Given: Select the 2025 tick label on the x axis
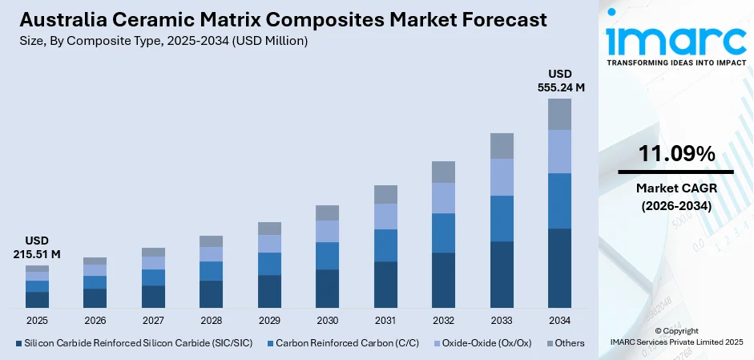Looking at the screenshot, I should [37, 320].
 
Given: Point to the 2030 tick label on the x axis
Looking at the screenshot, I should [327, 320].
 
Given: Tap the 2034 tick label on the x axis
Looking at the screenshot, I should [559, 320].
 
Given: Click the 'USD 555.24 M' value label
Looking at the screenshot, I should [559, 81].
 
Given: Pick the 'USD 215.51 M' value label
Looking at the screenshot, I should [37, 248].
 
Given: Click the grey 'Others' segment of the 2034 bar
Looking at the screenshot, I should [559, 114].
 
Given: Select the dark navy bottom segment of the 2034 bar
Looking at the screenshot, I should [559, 268].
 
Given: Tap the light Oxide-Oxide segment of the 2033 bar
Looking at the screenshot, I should [502, 177].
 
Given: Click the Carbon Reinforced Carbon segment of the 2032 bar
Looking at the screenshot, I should [443, 233].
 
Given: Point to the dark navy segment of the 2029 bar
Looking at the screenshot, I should [269, 291].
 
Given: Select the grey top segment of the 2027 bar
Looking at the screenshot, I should [153, 252].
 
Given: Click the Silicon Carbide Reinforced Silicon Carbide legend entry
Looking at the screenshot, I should [133, 343].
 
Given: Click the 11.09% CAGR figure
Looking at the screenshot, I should [675, 154].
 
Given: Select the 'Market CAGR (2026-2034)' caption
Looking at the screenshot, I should [675, 196].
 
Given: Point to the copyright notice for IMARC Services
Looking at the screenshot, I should [675, 336].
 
